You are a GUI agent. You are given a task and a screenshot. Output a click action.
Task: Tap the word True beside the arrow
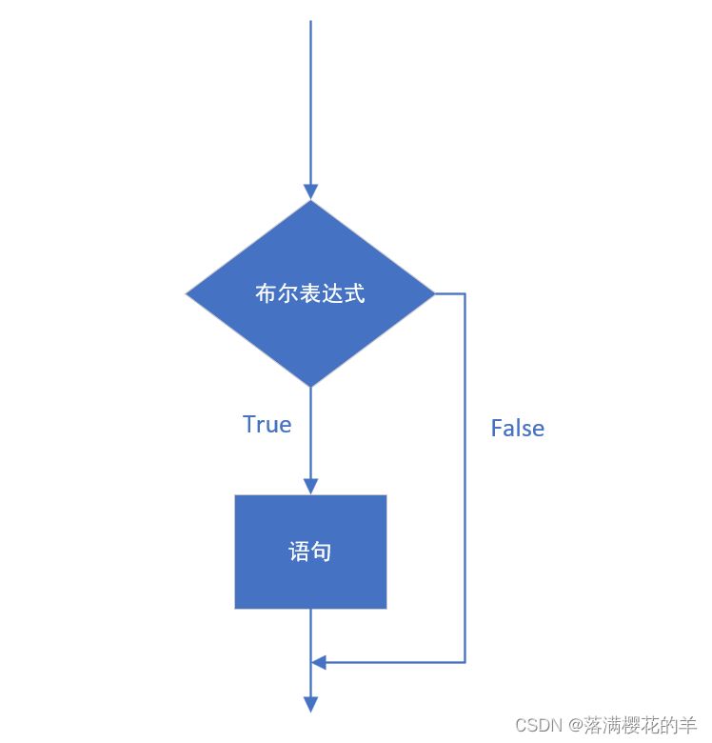point(267,424)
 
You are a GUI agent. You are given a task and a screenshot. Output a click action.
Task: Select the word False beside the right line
point(517,429)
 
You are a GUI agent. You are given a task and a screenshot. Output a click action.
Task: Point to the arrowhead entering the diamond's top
point(310,191)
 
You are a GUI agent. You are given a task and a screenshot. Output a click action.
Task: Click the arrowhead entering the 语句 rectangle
point(310,486)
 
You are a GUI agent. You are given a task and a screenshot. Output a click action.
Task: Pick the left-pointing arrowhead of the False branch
point(319,662)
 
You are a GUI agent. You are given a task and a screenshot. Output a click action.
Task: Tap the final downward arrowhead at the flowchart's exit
point(310,704)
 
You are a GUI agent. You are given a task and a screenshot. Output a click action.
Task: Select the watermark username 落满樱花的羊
point(642,726)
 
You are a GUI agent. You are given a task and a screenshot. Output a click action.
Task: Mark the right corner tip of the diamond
point(434,293)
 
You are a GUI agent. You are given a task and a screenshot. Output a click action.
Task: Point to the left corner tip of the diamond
point(187,293)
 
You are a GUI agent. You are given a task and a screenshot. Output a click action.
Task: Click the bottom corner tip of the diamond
point(310,386)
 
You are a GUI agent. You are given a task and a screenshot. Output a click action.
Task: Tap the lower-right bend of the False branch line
point(465,662)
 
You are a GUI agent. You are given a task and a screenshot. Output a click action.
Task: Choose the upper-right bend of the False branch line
point(465,293)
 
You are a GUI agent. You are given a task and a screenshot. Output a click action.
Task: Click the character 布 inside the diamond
point(266,293)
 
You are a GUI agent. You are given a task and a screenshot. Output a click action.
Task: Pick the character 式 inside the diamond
point(355,293)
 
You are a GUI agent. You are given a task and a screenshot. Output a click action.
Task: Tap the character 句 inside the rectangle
point(322,552)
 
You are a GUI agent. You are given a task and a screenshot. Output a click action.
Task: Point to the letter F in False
point(496,429)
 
